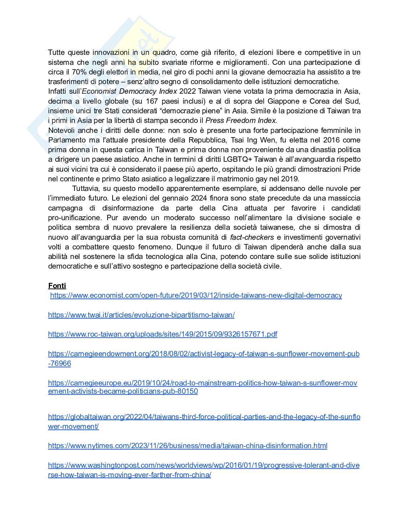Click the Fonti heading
pyautogui.click(x=57, y=286)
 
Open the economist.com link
pyautogui.click(x=196, y=295)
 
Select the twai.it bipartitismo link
pyautogui.click(x=141, y=315)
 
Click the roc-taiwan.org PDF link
pyautogui.click(x=162, y=334)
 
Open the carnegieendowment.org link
pyautogui.click(x=203, y=354)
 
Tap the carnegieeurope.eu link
pyautogui.click(x=202, y=383)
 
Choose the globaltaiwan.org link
pyautogui.click(x=204, y=417)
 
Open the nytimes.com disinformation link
pyautogui.click(x=187, y=446)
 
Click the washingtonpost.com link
pyautogui.click(x=203, y=465)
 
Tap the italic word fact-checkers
pyautogui.click(x=252, y=237)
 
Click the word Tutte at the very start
pyautogui.click(x=56, y=52)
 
